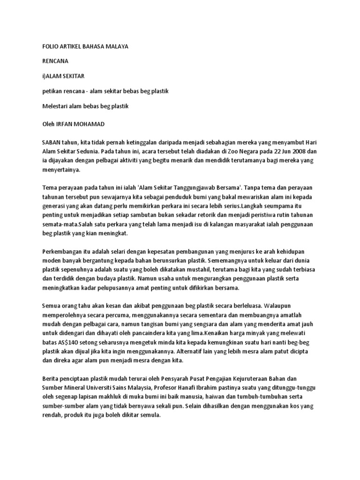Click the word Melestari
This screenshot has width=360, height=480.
pos(56,106)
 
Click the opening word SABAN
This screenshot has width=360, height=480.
pos(52,142)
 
